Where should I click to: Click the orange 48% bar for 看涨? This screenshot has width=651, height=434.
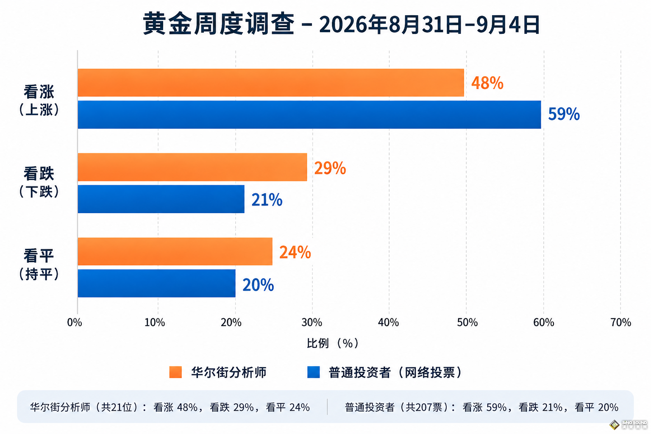(271, 83)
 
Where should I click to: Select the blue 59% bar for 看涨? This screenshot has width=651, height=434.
(309, 114)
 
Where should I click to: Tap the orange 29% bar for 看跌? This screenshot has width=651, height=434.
(192, 167)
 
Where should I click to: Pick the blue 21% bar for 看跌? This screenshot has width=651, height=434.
(161, 199)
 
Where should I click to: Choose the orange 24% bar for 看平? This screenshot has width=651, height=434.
(175, 251)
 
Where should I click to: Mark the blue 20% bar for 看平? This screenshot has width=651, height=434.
(157, 284)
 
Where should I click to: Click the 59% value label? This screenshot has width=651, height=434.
(564, 114)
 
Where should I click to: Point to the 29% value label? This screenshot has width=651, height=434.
(330, 168)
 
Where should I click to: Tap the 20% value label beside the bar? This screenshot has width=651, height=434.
(258, 285)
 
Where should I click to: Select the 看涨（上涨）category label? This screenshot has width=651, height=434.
(39, 100)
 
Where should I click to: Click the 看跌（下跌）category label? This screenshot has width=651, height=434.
(39, 182)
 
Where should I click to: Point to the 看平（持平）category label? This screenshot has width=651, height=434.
(39, 264)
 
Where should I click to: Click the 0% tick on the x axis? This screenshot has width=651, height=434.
(75, 323)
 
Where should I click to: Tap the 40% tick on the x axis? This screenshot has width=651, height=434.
(388, 323)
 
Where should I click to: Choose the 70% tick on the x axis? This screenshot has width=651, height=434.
(620, 323)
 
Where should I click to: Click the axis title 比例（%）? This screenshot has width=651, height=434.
(333, 343)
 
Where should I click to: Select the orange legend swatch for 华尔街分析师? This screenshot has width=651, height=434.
(175, 372)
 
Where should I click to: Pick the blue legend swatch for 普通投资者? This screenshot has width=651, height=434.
(314, 372)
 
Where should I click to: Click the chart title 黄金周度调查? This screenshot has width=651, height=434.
(219, 24)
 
